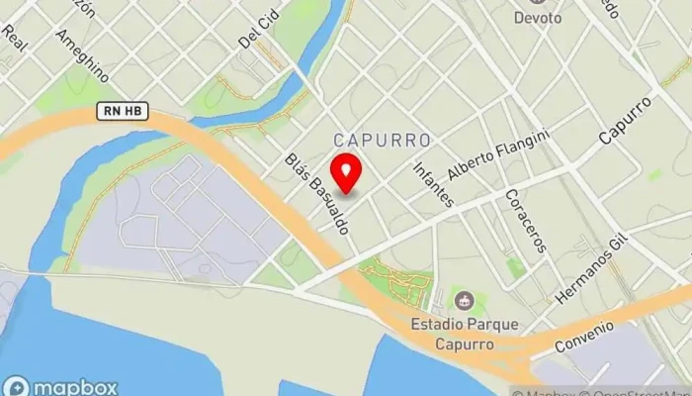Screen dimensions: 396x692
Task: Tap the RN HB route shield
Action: (123, 112)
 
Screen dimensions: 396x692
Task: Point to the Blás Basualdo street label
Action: (317, 194)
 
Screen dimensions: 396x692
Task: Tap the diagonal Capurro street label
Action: (626, 120)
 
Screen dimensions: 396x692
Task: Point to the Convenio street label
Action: (584, 338)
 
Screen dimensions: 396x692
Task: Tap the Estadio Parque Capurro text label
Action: (463, 335)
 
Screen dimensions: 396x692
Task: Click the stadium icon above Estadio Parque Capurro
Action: (462, 300)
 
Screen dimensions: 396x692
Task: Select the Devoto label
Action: (538, 17)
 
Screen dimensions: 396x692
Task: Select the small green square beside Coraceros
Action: (514, 266)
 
